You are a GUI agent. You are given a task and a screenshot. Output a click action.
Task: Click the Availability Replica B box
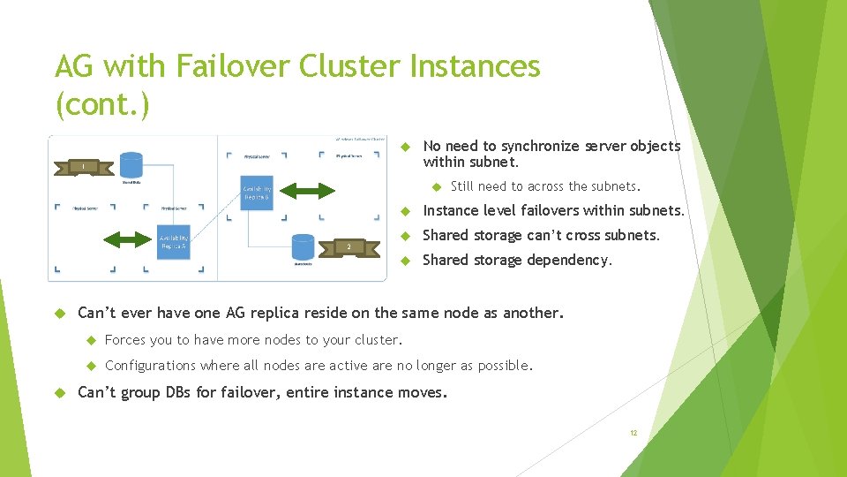click(x=257, y=192)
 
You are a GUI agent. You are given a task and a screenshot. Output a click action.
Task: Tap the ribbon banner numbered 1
click(x=83, y=165)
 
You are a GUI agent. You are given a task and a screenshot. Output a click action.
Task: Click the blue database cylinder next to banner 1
click(x=131, y=165)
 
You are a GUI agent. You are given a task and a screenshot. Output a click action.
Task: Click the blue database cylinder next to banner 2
click(x=303, y=247)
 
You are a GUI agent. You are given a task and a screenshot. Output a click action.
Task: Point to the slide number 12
click(x=633, y=433)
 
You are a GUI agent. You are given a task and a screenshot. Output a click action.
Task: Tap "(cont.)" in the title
click(x=102, y=104)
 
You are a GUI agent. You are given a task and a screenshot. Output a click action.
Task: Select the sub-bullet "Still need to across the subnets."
click(x=545, y=186)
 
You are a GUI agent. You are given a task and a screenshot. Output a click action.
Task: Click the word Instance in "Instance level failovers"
click(x=453, y=210)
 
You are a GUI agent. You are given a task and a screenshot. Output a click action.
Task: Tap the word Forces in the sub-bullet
click(x=124, y=340)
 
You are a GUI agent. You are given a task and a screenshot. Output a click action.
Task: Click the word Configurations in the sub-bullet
click(x=150, y=365)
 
